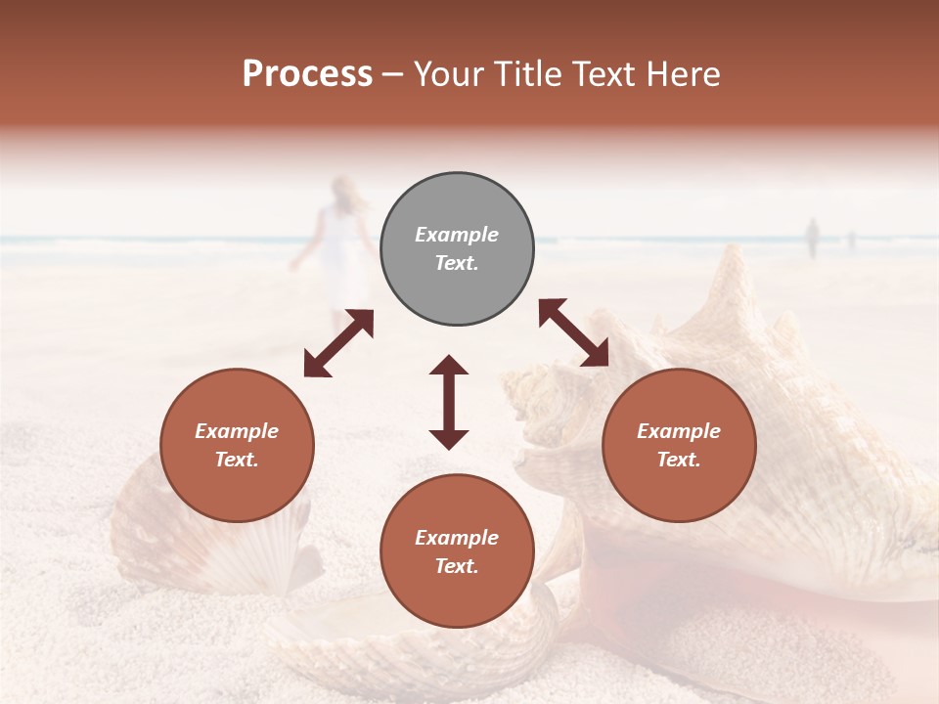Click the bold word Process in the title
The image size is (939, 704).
coord(307,74)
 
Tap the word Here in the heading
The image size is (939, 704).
coord(683,74)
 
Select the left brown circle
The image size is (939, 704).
coord(237,445)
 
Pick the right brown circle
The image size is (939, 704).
coord(679,445)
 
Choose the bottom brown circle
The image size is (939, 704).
coord(457,550)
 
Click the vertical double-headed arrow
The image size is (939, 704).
coord(449,402)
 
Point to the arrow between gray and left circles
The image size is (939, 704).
coord(338,343)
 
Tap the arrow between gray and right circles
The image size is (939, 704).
coord(574,332)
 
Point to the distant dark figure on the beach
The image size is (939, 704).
coord(812,238)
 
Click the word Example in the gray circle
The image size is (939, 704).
coord(457,235)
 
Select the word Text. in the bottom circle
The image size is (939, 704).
coord(457,566)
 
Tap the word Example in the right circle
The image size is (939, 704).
coord(679,431)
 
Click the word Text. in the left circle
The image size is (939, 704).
coord(237,460)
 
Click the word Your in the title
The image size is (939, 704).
coord(449,74)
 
